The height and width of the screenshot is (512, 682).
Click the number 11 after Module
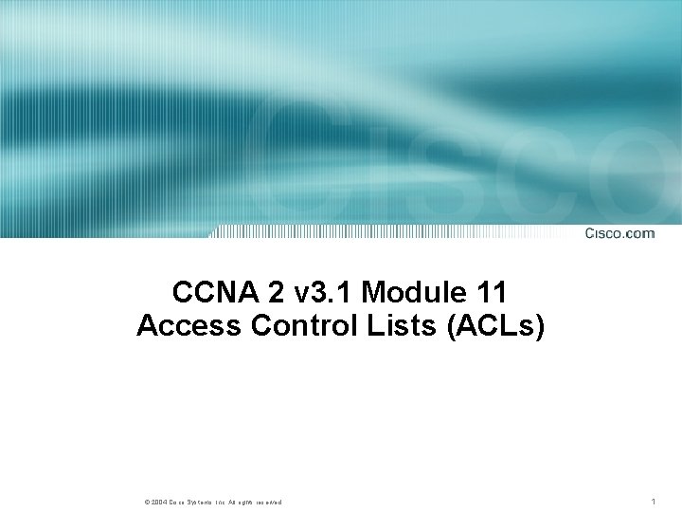pos(490,291)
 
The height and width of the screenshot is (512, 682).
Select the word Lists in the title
pos(387,326)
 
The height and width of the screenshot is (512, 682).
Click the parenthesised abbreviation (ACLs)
pos(487,326)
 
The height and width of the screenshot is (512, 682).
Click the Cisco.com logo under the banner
pos(619,232)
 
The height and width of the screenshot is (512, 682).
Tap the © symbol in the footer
pos(147,501)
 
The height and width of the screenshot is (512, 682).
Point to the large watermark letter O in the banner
pos(644,175)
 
